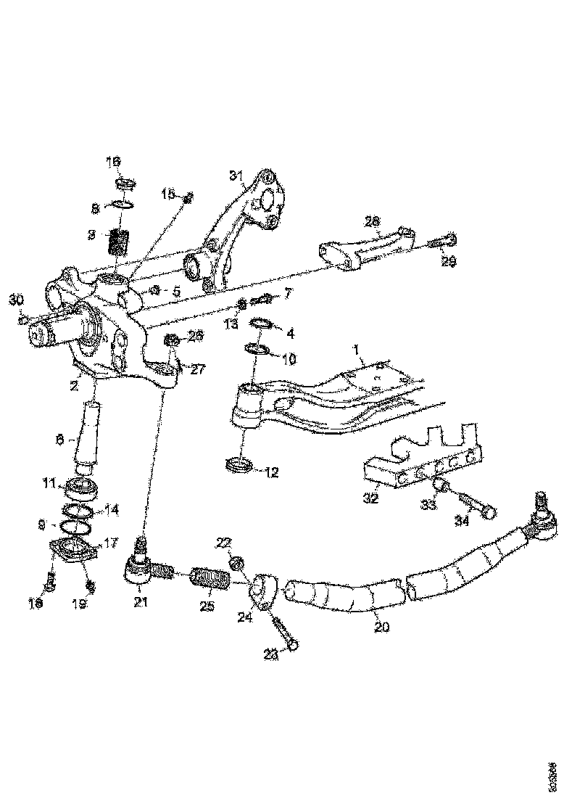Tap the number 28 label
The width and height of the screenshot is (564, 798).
(x=373, y=220)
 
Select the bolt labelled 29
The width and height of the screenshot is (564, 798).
(x=440, y=240)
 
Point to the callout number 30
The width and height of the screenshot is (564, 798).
(x=16, y=300)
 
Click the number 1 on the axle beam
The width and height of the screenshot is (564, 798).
(x=357, y=350)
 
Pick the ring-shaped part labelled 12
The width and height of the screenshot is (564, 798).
(x=240, y=466)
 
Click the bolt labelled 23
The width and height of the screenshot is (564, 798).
(x=286, y=633)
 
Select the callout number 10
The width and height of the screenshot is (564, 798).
(x=289, y=358)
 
